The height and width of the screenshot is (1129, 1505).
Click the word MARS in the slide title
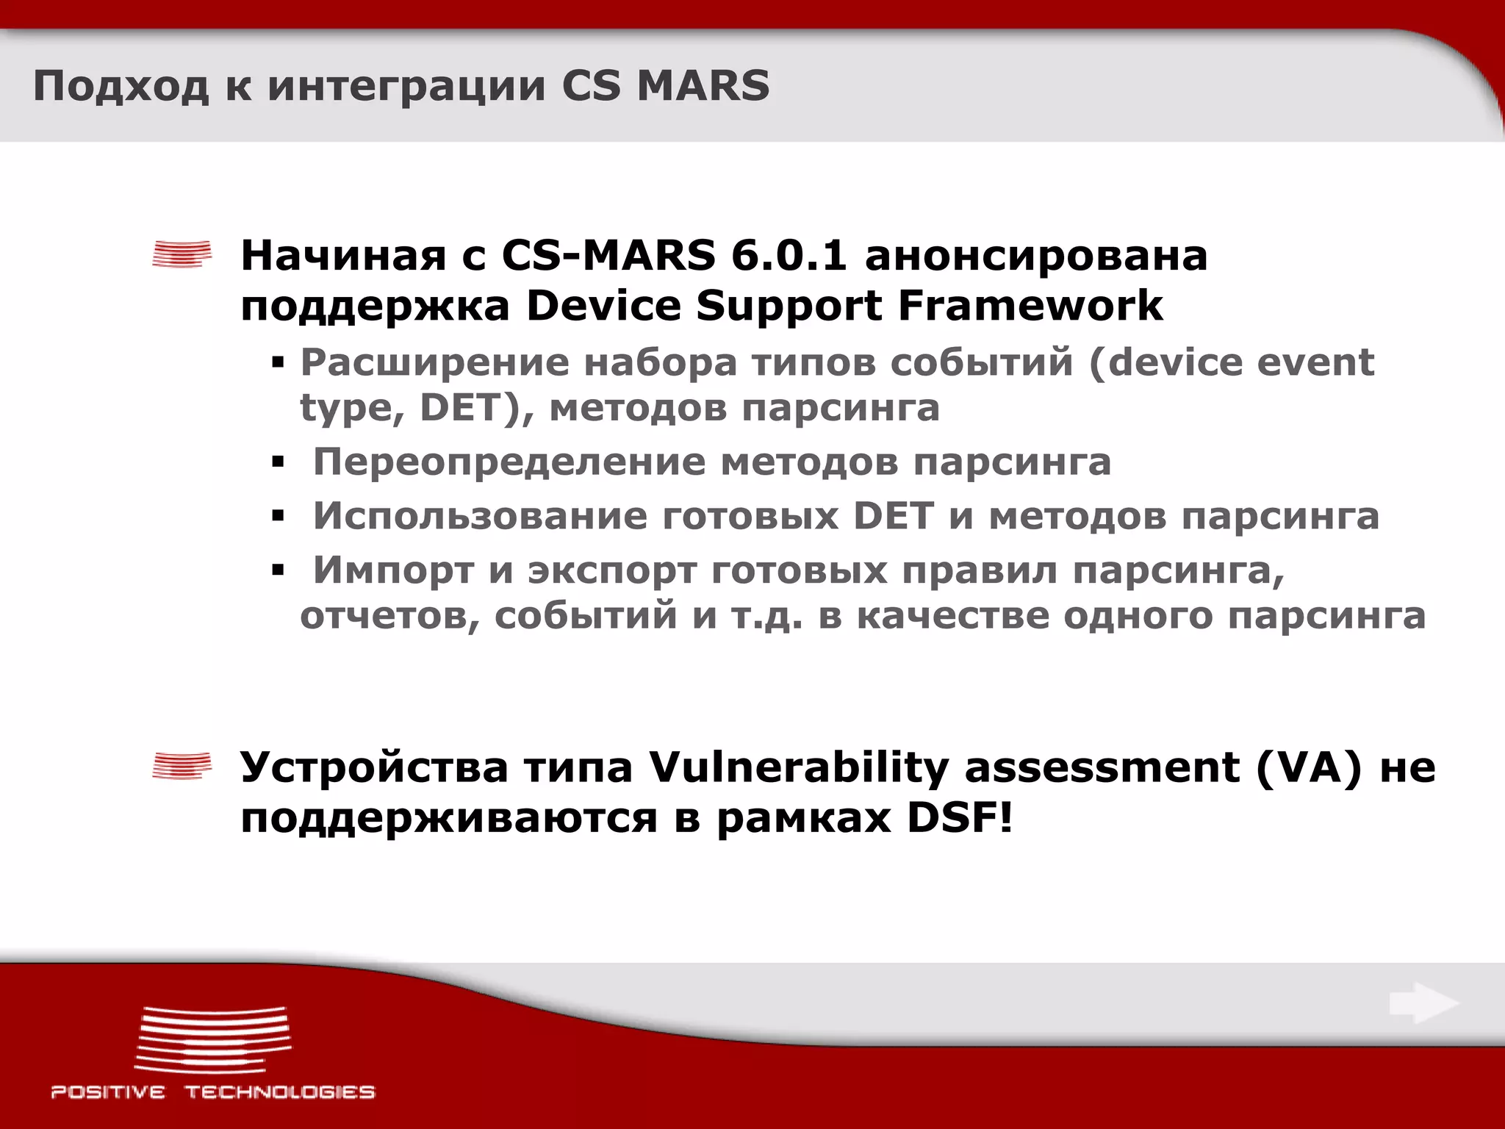point(703,85)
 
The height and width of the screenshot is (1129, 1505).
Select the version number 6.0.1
point(789,256)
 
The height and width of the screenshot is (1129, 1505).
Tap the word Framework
point(1030,305)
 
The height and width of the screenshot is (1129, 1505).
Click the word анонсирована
point(1036,256)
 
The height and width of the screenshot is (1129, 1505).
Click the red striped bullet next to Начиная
point(182,254)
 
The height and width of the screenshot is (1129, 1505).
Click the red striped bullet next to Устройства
point(182,766)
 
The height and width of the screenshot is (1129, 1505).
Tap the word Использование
point(480,516)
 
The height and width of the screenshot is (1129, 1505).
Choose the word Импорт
point(393,570)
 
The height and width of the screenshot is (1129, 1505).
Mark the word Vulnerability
point(799,768)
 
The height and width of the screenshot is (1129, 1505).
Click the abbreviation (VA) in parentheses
point(1309,767)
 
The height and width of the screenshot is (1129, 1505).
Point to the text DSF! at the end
point(960,818)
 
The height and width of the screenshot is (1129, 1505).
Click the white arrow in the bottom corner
point(1423,1003)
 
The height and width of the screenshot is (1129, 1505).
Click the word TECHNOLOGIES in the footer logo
point(279,1092)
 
